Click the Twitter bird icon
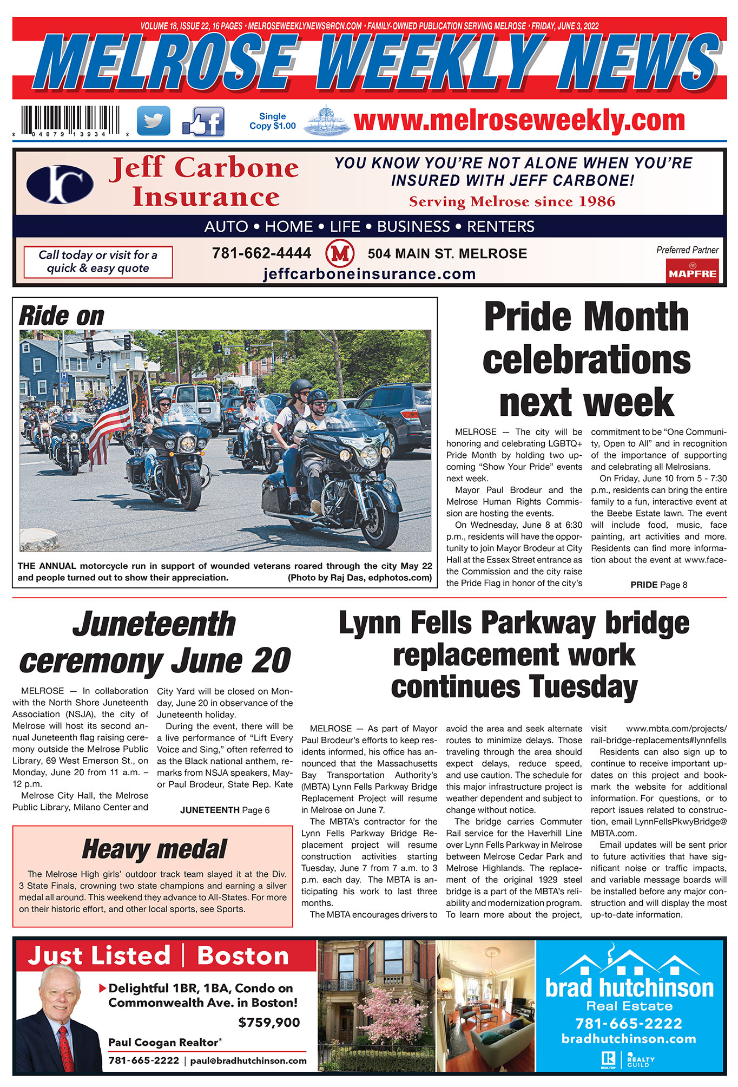154,120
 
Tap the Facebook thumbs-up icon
203,121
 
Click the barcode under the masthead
70,120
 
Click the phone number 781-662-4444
261,253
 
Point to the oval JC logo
60,185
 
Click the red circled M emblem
340,254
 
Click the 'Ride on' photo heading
62,316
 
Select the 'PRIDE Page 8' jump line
658,585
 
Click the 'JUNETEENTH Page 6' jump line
225,810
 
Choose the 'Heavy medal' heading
154,849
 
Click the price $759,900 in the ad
269,1023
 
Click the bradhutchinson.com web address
629,1039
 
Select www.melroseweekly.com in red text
519,120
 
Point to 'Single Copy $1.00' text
273,121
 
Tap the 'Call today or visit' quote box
98,261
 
